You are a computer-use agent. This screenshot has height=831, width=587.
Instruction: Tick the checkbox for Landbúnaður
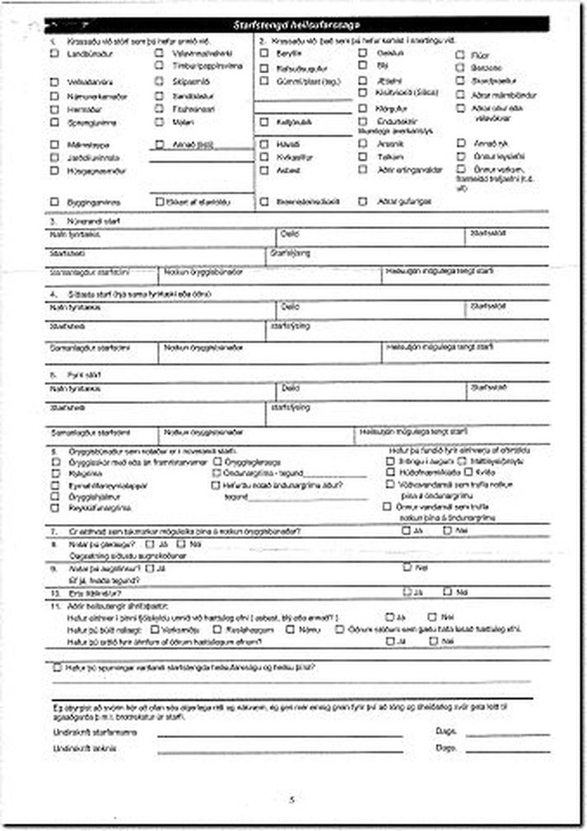pos(54,53)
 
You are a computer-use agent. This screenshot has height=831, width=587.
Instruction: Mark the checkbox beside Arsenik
pos(363,143)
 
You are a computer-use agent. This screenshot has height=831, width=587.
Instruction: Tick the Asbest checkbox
pos(264,170)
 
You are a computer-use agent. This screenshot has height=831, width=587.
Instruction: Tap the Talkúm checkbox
pos(363,156)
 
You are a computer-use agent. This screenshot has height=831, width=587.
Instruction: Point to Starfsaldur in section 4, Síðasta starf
pos(485,305)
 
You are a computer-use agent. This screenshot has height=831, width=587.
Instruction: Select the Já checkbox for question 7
pos(407,531)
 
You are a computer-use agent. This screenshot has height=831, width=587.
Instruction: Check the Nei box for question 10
pos(447,591)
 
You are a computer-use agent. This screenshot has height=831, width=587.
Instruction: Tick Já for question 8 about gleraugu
pos(149,544)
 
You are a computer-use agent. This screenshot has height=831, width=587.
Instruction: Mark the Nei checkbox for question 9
pos(407,567)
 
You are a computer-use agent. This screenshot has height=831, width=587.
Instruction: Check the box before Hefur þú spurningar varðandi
pos(56,667)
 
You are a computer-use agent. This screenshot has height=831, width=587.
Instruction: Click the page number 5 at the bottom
pos(291,799)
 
